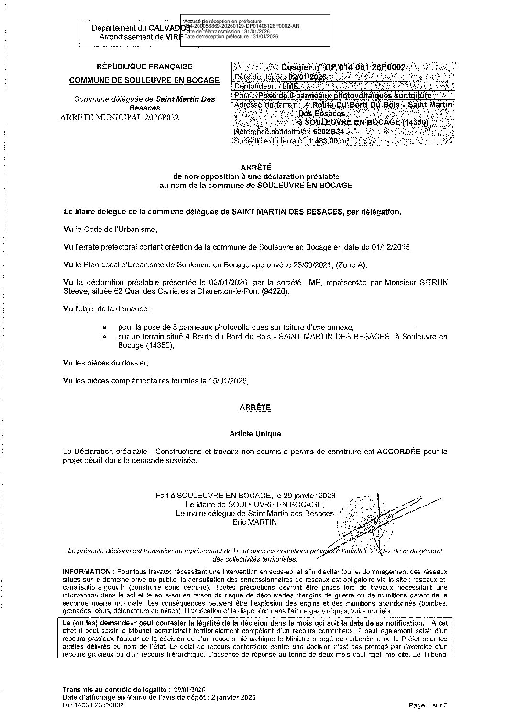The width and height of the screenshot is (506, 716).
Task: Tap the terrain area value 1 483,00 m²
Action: coord(329,141)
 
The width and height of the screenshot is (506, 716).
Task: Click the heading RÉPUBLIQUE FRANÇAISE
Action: coord(144,67)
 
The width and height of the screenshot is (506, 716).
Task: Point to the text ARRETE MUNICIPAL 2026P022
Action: coord(120,117)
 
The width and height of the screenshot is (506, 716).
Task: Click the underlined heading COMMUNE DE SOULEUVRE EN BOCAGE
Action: coord(144,81)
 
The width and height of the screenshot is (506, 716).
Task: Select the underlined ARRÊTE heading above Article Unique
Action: coord(255,408)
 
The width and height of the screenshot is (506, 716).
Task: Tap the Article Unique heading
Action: coord(255,434)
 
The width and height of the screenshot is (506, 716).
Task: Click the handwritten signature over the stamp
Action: coord(378,524)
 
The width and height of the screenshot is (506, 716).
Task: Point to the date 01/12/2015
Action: coord(390,247)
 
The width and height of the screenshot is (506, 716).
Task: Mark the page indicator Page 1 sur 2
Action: coord(429,705)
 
